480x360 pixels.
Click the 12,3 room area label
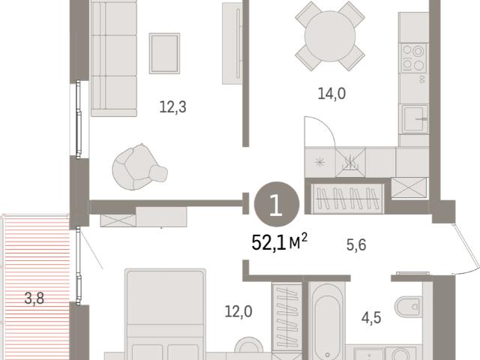click(173, 107)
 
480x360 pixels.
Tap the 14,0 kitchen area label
click(331, 93)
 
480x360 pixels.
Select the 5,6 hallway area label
click(356, 245)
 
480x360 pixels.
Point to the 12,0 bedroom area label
click(238, 312)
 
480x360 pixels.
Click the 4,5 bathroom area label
click(371, 318)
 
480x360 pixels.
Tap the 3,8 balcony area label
click(34, 298)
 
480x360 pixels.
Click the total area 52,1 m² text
click(279, 242)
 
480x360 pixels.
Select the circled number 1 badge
click(277, 204)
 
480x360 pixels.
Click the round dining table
click(330, 36)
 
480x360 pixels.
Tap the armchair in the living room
click(139, 166)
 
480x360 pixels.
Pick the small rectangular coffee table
click(164, 53)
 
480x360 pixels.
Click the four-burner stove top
click(413, 58)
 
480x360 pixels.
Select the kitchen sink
click(415, 118)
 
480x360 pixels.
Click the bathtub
click(327, 320)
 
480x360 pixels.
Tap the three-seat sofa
click(114, 58)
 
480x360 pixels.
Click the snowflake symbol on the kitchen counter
click(320, 162)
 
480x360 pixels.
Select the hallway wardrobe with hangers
click(347, 198)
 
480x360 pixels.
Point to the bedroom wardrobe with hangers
click(287, 316)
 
